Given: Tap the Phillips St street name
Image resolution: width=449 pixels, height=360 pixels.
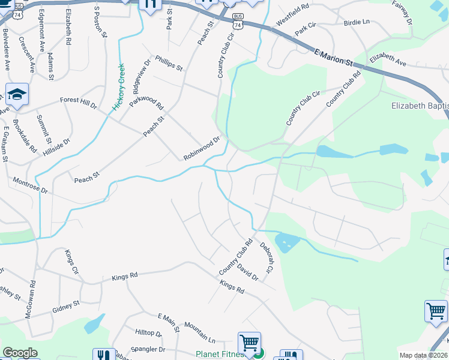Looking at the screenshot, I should click(169, 63).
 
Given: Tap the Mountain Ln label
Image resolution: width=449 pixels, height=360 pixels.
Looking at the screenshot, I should click(199, 332).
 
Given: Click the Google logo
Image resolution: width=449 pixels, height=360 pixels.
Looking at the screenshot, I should click(20, 353).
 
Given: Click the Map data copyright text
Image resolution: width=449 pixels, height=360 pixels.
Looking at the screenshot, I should click(423, 355).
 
